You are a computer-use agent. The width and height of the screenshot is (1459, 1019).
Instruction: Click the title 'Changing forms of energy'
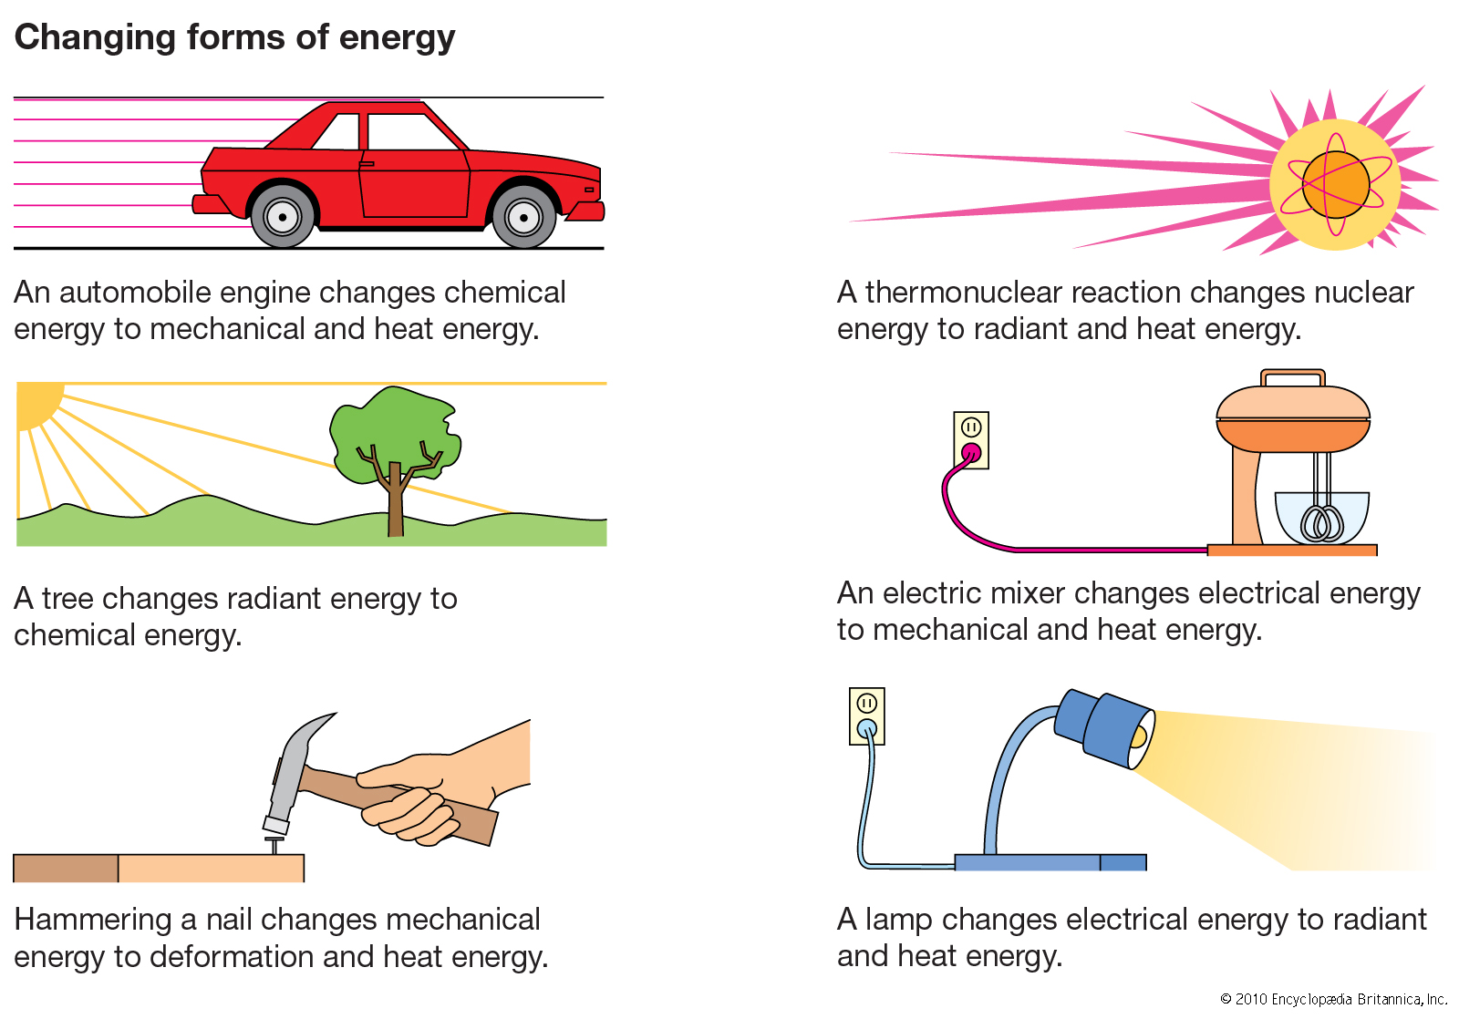pyautogui.click(x=234, y=37)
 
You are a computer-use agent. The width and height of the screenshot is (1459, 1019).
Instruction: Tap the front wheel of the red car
pyautogui.click(x=523, y=217)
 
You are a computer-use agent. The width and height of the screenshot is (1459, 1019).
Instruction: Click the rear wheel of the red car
pyautogui.click(x=282, y=217)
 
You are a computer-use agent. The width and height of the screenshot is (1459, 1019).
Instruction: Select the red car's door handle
pyautogui.click(x=367, y=163)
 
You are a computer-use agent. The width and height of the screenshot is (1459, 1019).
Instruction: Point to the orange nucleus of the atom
pyautogui.click(x=1335, y=184)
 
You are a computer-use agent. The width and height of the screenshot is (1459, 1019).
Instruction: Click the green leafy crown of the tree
pyautogui.click(x=395, y=433)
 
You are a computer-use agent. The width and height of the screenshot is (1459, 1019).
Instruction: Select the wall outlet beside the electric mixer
pyautogui.click(x=971, y=440)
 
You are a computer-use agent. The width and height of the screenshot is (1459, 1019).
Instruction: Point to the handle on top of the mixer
pyautogui.click(x=1292, y=378)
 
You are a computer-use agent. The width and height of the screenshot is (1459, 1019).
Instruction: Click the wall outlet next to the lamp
pyautogui.click(x=867, y=716)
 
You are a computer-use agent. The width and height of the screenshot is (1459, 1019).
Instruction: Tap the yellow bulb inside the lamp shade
pyautogui.click(x=1138, y=736)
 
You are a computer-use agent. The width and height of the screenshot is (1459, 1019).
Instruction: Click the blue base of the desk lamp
pyautogui.click(x=1050, y=862)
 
